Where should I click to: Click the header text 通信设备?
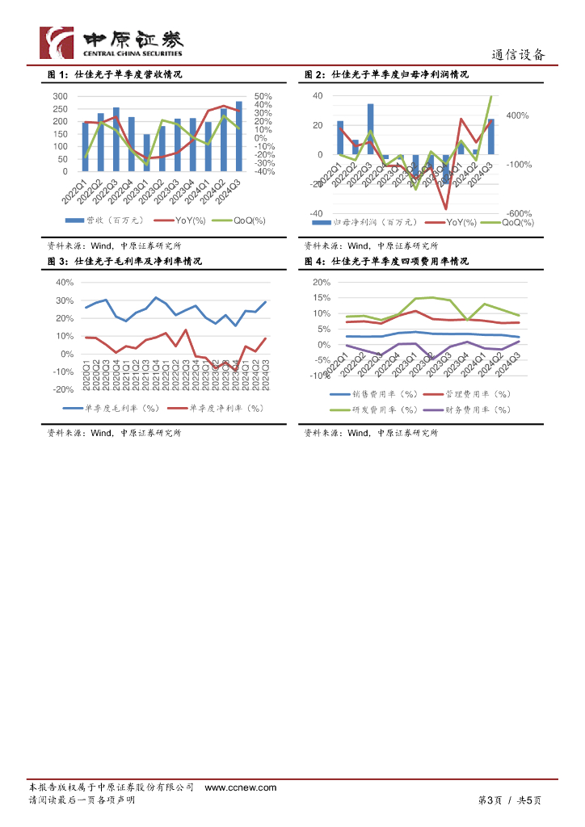coord(519,55)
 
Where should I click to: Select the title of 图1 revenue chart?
coord(114,74)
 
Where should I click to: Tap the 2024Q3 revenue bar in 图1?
coord(238,136)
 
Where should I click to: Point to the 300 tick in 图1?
coord(60,96)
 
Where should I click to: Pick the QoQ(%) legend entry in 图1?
coord(242,220)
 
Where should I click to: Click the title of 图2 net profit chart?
coord(386,74)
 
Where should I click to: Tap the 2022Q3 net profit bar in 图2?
coord(370,128)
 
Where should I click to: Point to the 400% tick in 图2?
coord(517,116)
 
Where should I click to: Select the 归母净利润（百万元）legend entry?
coord(368,221)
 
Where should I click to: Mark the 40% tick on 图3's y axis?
coord(64,283)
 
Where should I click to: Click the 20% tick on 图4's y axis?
coord(321,283)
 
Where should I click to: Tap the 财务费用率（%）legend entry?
coord(473,409)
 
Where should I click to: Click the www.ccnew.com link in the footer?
coord(240,787)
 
